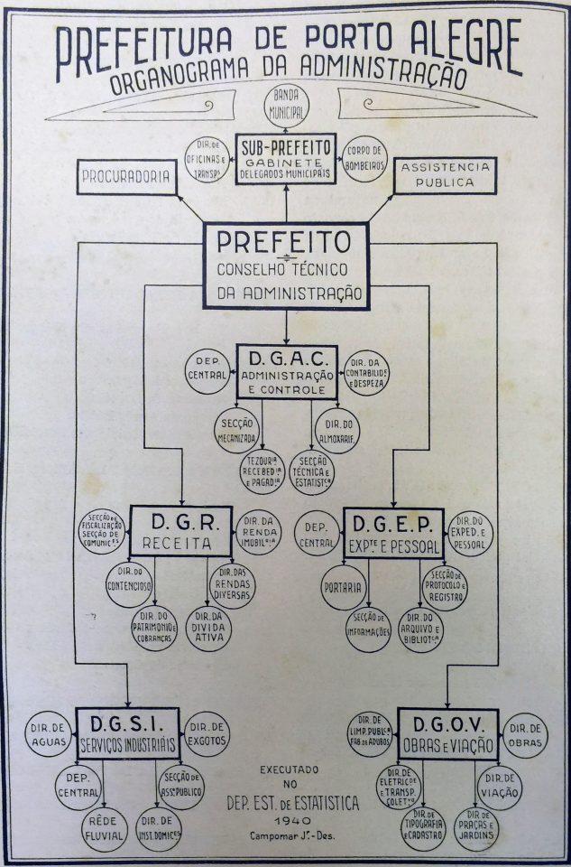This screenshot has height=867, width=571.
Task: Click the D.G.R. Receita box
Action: point(180,531)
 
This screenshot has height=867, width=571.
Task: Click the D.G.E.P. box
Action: point(393,532)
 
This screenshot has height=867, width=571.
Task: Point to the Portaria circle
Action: point(344,586)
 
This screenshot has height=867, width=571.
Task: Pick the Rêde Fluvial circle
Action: point(106,829)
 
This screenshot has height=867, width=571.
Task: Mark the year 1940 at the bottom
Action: point(285,818)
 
